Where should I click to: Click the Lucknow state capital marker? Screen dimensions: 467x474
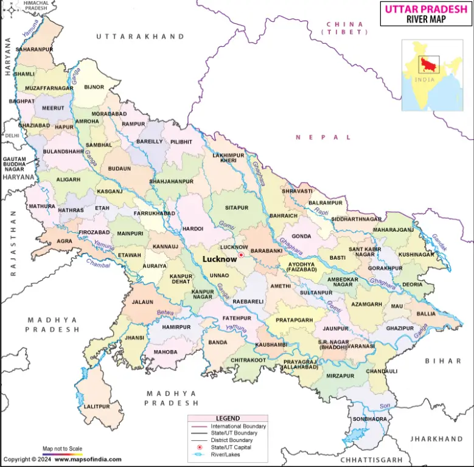point(241,255)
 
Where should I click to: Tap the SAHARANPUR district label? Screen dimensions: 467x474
point(35,49)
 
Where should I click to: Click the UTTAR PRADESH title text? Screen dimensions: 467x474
point(425,9)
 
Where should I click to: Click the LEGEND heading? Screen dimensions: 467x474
point(228,418)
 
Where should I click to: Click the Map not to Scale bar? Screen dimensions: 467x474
point(62,454)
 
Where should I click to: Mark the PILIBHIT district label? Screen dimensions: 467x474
point(181,142)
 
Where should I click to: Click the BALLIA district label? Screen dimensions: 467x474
point(426,314)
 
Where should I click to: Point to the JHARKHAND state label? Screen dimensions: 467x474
point(436,438)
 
